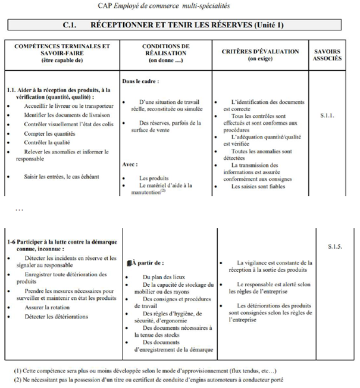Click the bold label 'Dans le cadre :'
coord(142,80)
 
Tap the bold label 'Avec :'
coord(130,164)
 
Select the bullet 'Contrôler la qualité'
coord(48,143)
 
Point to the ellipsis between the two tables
coord(18,209)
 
